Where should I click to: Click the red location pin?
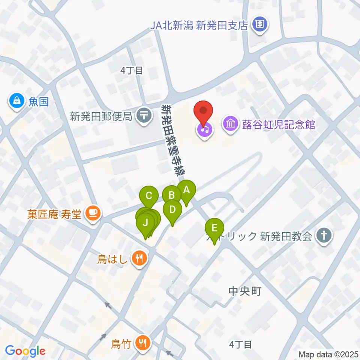point(203,112)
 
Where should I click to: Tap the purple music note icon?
point(204,130)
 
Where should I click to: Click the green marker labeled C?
point(148,196)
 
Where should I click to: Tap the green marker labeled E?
point(214,228)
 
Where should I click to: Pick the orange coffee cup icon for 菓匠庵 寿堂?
point(92,213)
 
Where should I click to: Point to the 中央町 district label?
point(244,291)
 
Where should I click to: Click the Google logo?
point(25,351)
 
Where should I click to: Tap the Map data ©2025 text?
point(328,354)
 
